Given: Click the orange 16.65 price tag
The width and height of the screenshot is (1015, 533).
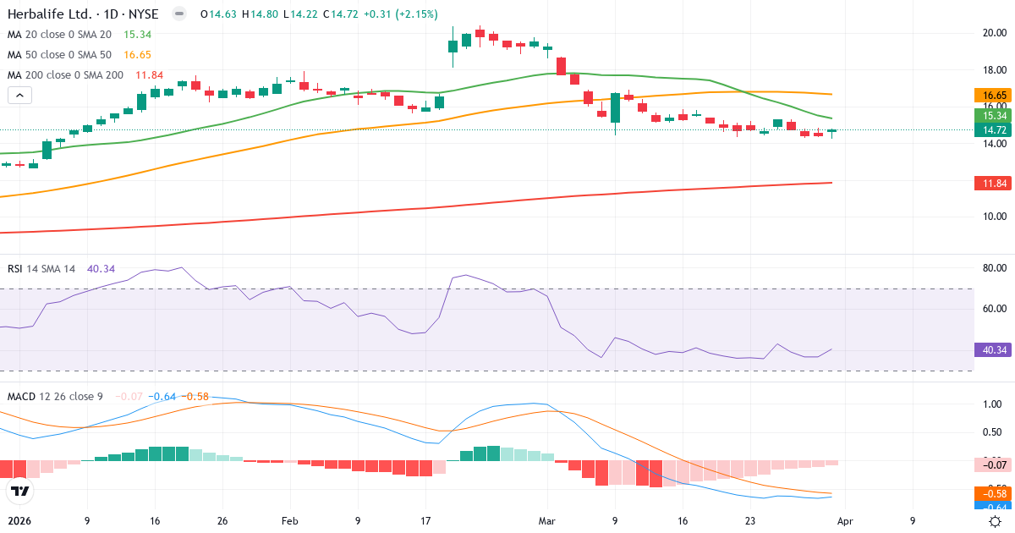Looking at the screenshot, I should coord(993,96).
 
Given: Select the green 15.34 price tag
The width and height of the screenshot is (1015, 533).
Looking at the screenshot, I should coord(993,116).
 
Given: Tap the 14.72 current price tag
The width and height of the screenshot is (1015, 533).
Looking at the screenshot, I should coord(993,130).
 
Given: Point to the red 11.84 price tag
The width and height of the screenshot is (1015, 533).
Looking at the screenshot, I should coord(993,183).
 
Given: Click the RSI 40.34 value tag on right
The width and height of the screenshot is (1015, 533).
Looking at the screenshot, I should coord(993,349).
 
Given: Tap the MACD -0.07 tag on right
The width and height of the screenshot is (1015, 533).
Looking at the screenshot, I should coord(993,464).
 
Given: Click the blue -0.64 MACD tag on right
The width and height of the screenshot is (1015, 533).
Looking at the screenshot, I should coord(993,506).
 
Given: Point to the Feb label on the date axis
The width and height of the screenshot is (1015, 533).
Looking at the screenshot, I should coord(290,521).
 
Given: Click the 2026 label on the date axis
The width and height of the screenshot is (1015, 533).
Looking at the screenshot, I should coord(19,521).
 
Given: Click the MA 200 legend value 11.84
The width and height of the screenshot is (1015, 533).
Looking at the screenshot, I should coord(150,74).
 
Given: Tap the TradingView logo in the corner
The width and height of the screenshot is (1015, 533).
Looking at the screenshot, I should coord(20,491).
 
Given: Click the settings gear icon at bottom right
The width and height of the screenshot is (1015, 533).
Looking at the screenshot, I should coord(996,521).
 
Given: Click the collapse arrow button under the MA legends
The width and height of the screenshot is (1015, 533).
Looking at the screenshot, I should coord(19,95).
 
